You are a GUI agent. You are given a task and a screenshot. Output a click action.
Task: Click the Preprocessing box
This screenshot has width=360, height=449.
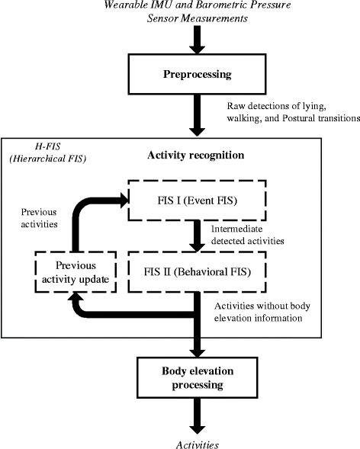point(198,75)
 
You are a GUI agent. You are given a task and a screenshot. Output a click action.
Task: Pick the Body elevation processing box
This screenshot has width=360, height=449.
point(198,379)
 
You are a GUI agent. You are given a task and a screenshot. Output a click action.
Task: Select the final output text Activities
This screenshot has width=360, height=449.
point(197,441)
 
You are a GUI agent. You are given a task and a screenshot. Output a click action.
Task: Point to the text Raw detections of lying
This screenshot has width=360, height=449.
point(267,109)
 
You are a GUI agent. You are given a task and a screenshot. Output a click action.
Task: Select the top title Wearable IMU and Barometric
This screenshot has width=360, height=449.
point(198,6)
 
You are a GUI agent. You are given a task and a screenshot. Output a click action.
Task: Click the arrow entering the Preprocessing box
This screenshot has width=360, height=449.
point(198,40)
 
